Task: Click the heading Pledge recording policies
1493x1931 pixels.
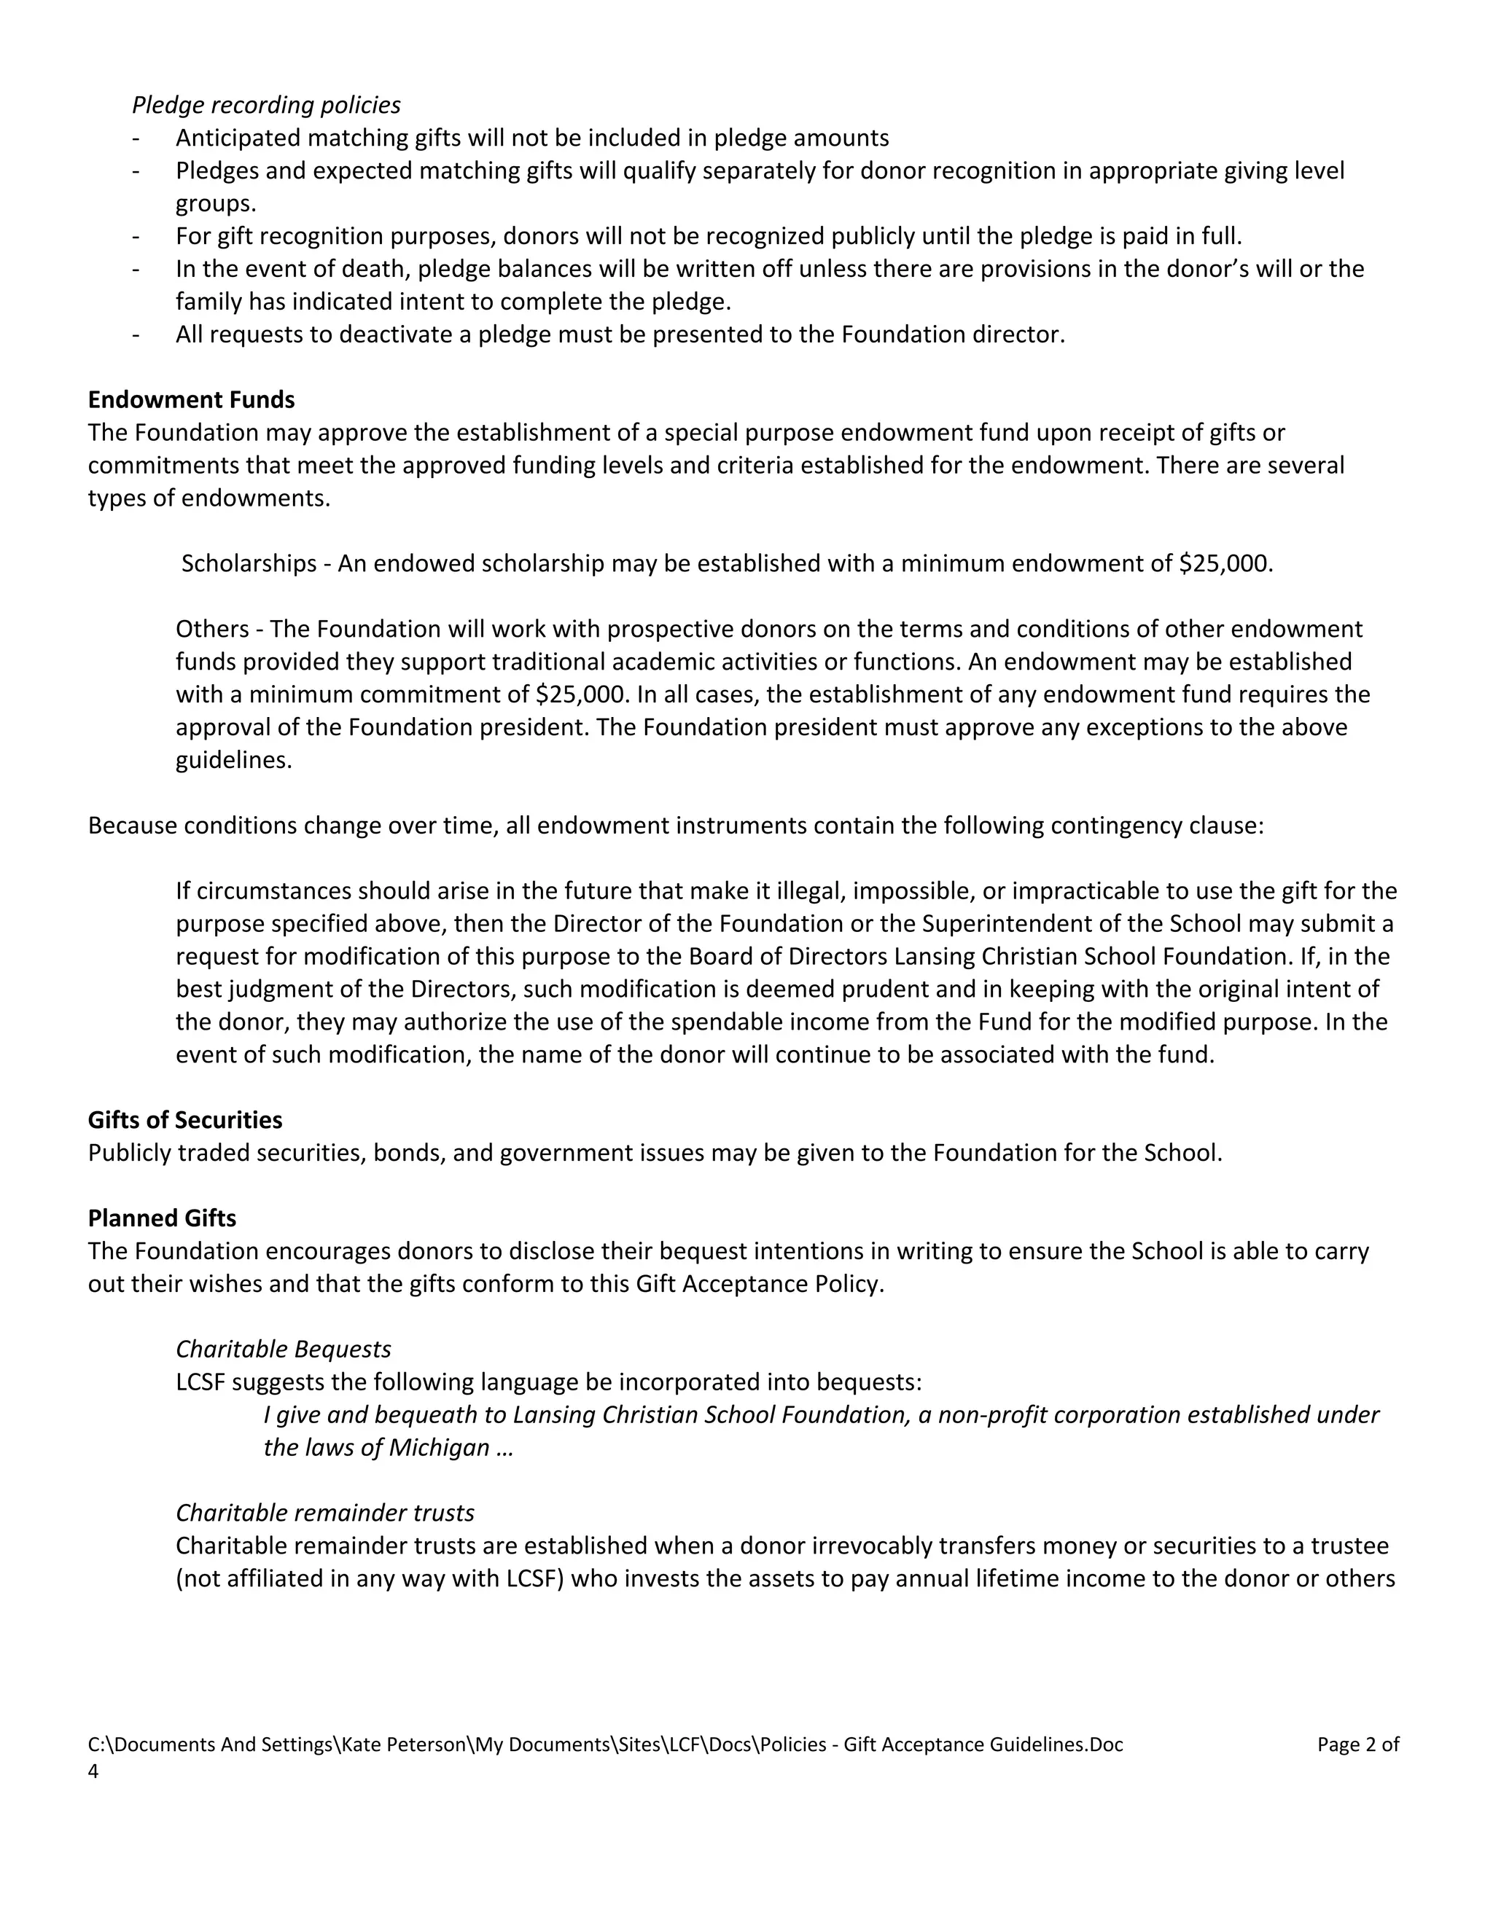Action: point(265,105)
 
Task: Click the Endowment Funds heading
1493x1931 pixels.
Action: point(191,399)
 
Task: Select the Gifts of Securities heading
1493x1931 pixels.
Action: point(185,1120)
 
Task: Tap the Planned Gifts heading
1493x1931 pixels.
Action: point(162,1218)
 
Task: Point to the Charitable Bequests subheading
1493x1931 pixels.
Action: point(283,1350)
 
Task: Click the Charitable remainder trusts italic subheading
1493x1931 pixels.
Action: point(324,1513)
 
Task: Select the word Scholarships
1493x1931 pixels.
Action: point(249,563)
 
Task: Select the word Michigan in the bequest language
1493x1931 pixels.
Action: point(439,1447)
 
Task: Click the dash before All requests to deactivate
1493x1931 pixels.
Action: point(136,335)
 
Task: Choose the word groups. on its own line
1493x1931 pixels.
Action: point(216,203)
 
